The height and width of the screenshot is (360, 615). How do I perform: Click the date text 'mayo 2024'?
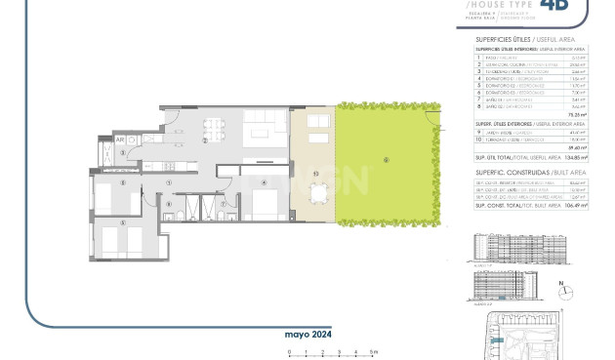pyautogui.click(x=303, y=334)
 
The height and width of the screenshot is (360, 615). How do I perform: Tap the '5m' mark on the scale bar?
pyautogui.click(x=375, y=351)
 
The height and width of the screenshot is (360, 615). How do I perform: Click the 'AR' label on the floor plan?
pyautogui.click(x=120, y=140)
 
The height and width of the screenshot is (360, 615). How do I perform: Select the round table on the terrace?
pyautogui.click(x=314, y=195)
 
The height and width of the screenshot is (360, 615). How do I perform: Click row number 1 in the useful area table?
pyautogui.click(x=479, y=57)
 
